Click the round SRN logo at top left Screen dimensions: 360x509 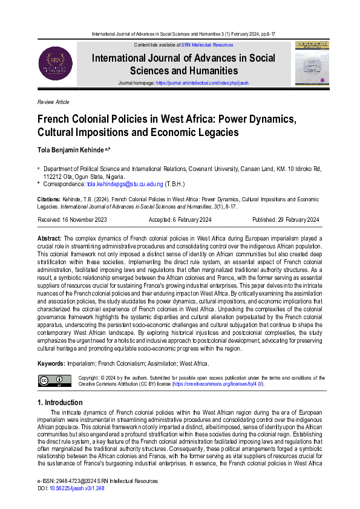pyautogui.click(x=55, y=63)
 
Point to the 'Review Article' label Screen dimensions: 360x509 pyautogui.click(x=53, y=102)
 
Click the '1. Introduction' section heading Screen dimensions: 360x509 pyautogui.click(x=60, y=403)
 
